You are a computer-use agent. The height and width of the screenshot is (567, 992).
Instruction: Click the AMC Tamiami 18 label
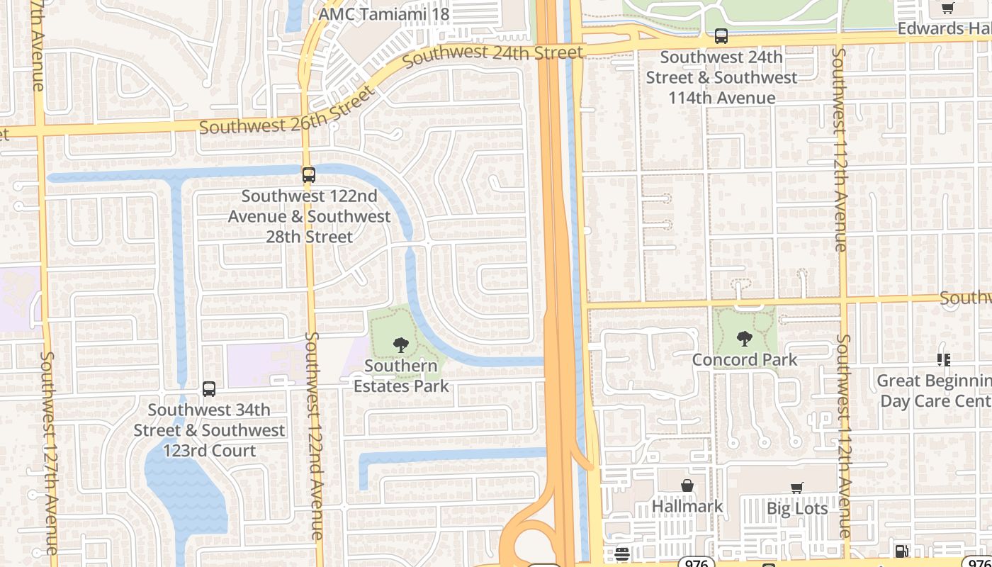point(384,15)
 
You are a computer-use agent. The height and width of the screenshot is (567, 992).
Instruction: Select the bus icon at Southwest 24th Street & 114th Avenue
point(721,35)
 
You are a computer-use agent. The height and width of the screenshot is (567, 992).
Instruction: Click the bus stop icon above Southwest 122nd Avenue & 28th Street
point(308,174)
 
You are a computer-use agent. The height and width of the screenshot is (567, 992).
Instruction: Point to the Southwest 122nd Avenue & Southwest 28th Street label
point(309,216)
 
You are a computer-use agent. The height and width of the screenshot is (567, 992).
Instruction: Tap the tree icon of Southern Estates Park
point(401,345)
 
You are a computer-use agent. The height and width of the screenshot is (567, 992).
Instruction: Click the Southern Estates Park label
point(401,376)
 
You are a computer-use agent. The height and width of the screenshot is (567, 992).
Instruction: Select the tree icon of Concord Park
point(745,339)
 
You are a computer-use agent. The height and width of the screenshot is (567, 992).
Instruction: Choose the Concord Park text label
point(745,360)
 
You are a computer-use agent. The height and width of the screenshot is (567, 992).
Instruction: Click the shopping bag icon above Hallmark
point(687,485)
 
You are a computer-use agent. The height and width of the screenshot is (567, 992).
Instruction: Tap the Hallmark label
point(687,506)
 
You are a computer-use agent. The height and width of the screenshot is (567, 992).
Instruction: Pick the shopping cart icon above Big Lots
point(797,488)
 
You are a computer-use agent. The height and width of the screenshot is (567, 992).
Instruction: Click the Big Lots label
point(797,508)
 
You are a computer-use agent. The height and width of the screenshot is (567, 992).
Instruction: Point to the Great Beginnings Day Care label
point(934,391)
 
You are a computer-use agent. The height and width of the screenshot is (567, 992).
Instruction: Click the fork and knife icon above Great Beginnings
point(943,360)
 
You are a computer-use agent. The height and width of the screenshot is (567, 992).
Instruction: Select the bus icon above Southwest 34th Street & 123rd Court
point(209,388)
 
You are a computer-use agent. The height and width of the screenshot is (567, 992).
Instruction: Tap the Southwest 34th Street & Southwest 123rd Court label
point(209,430)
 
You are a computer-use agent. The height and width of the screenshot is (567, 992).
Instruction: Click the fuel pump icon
point(902,551)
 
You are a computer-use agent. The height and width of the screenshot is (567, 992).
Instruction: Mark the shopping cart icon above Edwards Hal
point(947,8)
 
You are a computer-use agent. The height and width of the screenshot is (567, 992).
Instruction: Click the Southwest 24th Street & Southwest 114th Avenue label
point(721,77)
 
